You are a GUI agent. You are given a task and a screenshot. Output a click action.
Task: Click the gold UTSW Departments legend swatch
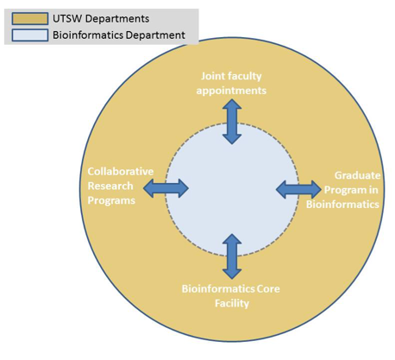click(30, 19)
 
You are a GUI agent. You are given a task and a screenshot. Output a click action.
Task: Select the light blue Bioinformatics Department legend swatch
click(30, 35)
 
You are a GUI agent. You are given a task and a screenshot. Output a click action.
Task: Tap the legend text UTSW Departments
click(101, 19)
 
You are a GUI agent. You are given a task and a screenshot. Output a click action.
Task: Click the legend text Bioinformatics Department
click(119, 35)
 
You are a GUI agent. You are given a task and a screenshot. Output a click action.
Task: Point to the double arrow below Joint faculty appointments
click(232, 122)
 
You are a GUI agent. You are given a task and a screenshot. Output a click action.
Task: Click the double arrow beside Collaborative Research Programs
click(166, 188)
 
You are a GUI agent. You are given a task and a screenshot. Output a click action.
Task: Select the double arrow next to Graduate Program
click(298, 190)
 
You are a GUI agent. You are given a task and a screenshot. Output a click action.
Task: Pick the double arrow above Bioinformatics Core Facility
click(232, 256)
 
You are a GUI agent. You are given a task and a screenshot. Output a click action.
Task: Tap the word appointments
click(231, 91)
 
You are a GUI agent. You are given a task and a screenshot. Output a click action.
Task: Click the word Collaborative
click(121, 171)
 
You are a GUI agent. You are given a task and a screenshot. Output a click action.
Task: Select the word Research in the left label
click(110, 186)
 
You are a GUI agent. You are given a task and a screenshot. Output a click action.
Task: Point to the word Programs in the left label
click(111, 200)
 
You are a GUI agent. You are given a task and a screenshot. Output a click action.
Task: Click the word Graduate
click(357, 175)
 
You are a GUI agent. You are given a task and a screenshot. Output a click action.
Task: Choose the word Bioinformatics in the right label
click(342, 205)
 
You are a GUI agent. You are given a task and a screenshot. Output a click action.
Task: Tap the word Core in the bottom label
click(268, 288)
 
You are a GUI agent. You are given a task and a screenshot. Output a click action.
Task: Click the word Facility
click(232, 303)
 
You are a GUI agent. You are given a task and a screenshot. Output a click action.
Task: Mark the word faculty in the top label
click(245, 76)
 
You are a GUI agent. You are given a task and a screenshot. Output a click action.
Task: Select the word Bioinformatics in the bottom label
click(218, 288)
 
